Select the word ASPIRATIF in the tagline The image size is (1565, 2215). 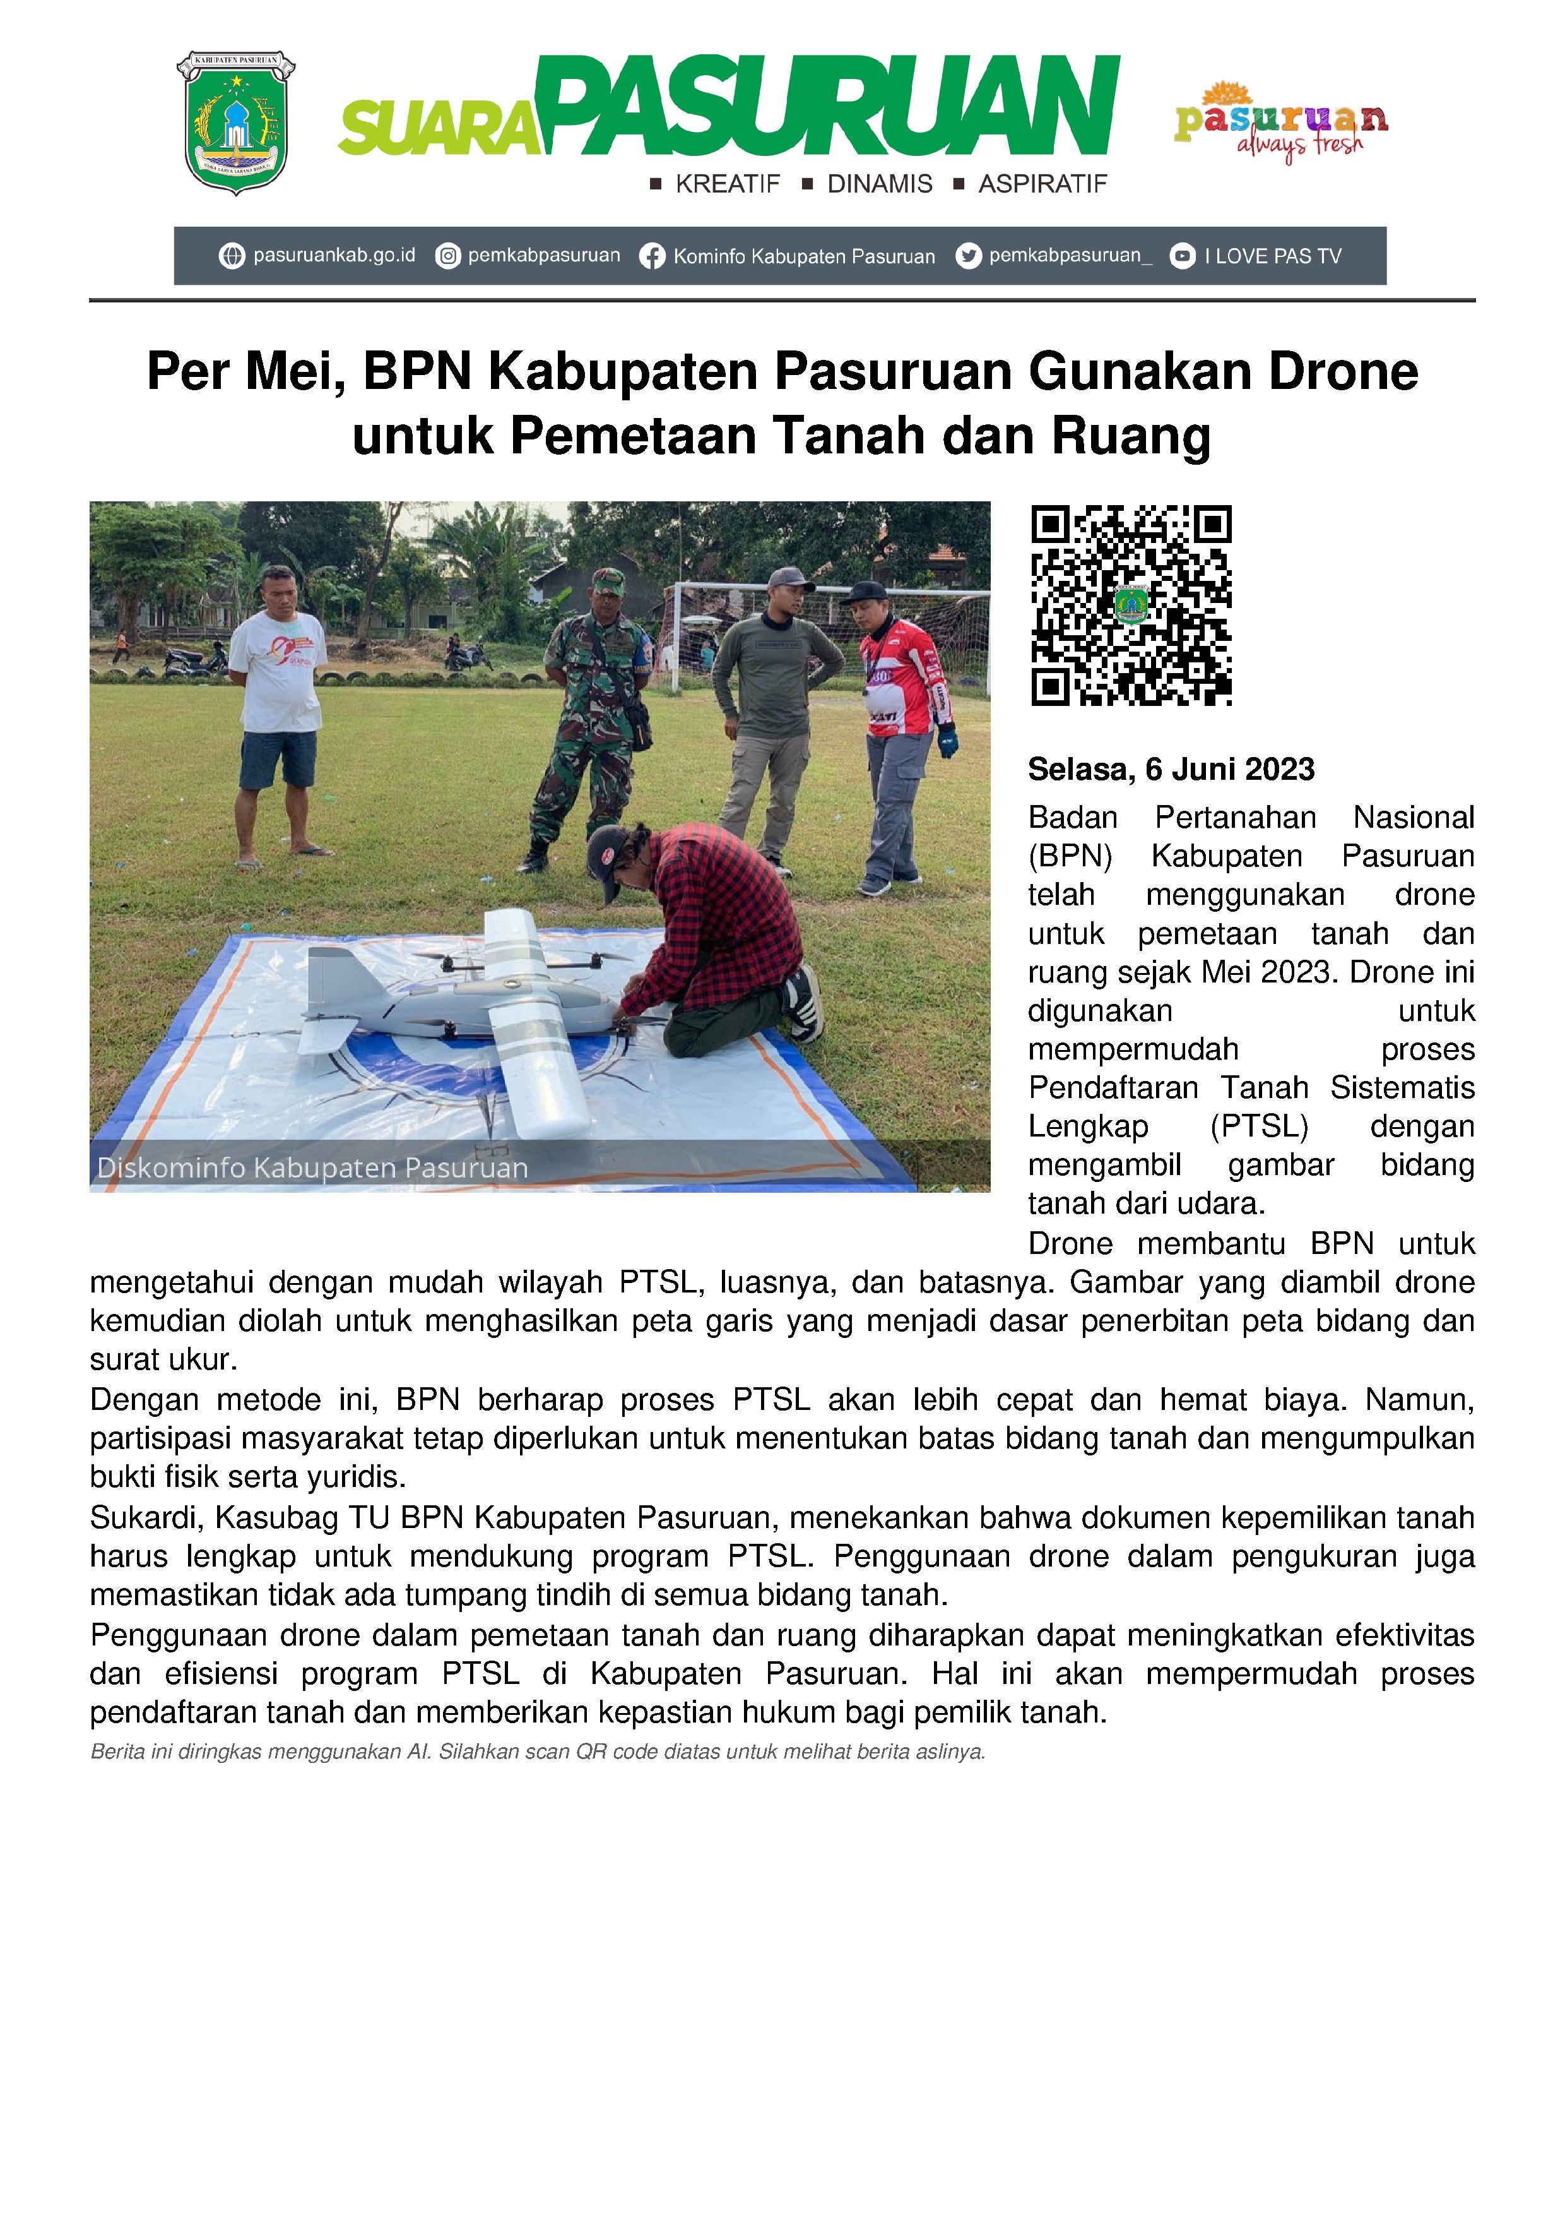point(1042,184)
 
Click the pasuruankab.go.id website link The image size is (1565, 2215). point(333,256)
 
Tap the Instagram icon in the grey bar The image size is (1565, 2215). point(447,256)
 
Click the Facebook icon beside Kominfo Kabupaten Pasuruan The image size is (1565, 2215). point(653,256)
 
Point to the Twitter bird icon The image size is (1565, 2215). point(968,256)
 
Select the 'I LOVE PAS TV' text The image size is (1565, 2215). point(1272,256)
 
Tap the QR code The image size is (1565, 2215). point(1131,605)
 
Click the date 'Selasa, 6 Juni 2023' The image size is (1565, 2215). point(1171,769)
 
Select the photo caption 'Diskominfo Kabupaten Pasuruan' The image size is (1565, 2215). point(312,1168)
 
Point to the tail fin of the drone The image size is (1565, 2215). point(330,974)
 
